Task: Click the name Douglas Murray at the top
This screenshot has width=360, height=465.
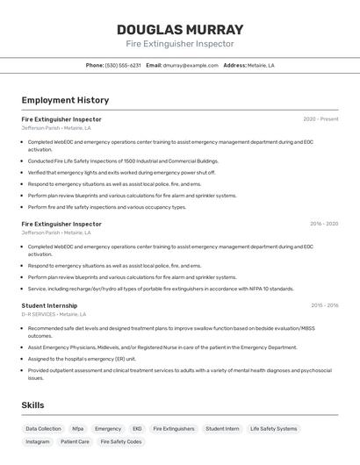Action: (180, 30)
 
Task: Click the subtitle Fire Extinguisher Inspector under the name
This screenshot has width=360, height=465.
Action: (180, 44)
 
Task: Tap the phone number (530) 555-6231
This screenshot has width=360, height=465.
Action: (123, 65)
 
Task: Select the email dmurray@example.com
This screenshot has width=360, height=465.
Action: (191, 65)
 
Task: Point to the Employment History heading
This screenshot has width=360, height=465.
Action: (65, 100)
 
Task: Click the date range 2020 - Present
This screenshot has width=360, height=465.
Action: (320, 119)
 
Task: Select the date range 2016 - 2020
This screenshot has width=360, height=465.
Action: (323, 224)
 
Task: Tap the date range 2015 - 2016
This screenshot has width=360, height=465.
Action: (324, 305)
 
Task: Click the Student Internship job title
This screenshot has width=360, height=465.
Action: (49, 305)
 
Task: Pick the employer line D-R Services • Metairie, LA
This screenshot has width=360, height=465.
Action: (54, 314)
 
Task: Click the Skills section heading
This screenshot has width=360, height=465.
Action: (32, 405)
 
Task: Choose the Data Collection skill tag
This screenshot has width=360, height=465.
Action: (43, 429)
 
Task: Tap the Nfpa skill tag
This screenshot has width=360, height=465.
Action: (78, 429)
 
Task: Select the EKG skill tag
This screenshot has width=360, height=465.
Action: (137, 429)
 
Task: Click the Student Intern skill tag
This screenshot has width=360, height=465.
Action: (222, 429)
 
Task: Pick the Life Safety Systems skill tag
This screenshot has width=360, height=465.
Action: (273, 429)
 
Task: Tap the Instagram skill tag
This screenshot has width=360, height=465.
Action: (38, 442)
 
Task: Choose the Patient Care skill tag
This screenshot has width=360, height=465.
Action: (75, 442)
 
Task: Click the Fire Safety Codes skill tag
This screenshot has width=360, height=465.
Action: (120, 442)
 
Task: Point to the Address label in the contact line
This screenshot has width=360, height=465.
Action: (234, 65)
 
